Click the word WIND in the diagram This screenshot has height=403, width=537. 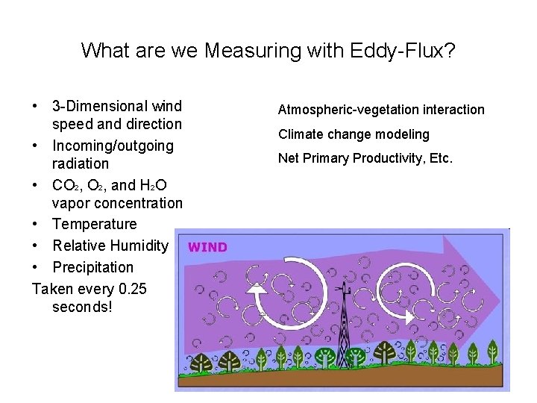tap(207, 247)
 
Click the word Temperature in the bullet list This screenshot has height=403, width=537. tap(95, 224)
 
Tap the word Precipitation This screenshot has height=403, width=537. tap(92, 267)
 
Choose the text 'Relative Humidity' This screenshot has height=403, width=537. tap(110, 246)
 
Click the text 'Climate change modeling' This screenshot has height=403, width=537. tap(354, 134)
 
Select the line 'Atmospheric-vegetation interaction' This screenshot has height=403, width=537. tap(381, 110)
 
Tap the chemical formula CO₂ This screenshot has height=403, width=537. tap(64, 185)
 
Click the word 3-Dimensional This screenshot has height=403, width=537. tap(117, 107)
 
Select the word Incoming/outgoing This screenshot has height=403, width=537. tap(113, 146)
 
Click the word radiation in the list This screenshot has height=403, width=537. tap(81, 163)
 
